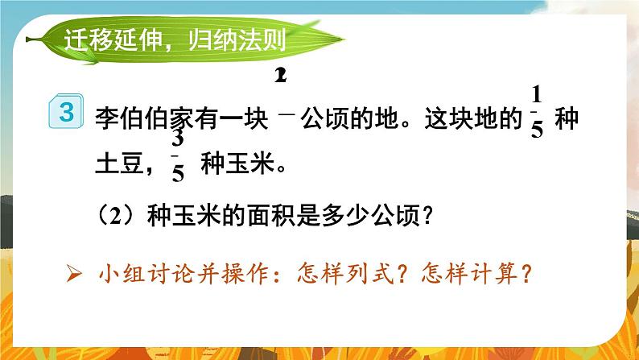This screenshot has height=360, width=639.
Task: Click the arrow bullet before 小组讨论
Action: [73, 274]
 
